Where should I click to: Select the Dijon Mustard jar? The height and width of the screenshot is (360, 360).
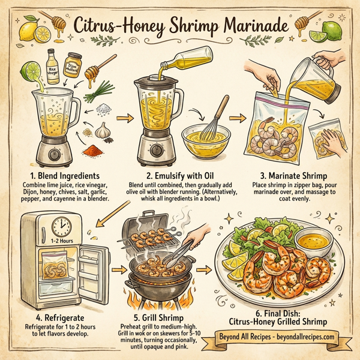tap(73, 70)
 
